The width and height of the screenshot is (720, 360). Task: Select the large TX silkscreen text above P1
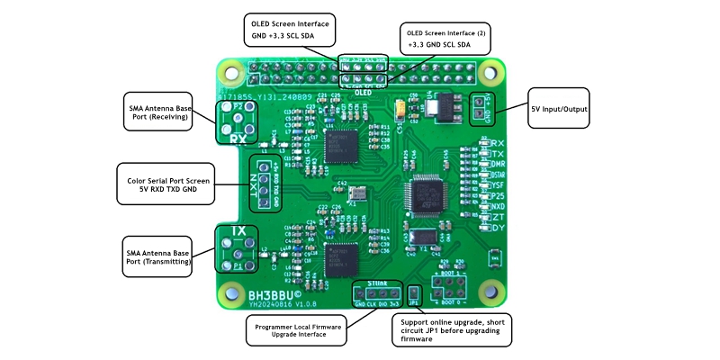coord(238,231)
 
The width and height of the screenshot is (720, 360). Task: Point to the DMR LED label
coord(496,166)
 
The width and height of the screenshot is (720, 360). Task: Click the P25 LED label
coord(496,195)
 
